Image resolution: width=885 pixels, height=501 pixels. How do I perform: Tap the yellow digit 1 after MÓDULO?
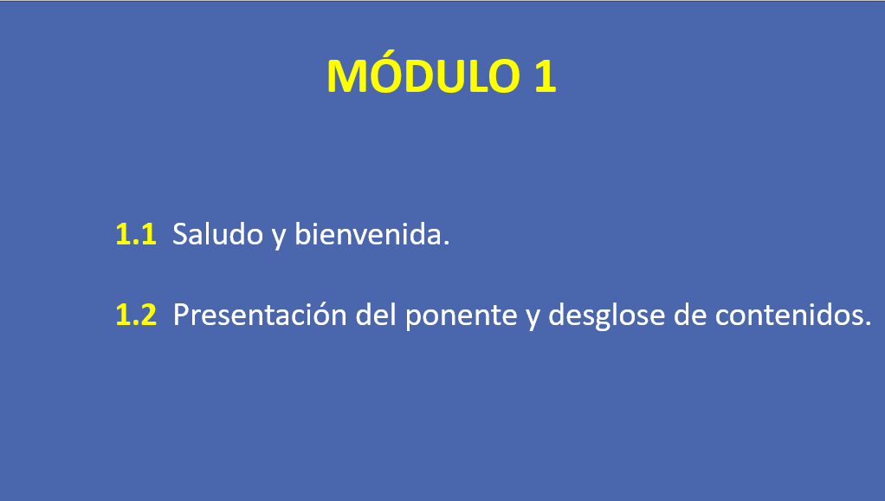[x=546, y=76]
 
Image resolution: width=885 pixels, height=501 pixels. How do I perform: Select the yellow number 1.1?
[x=136, y=234]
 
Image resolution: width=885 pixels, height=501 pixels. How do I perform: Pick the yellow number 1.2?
[x=136, y=315]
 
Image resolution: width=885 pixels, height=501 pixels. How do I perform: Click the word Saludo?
[x=218, y=234]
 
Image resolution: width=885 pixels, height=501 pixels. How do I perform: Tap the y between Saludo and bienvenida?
[x=279, y=237]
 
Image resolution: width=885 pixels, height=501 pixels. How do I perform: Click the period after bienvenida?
[x=447, y=243]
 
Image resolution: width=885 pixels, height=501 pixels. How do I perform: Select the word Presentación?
[x=260, y=314]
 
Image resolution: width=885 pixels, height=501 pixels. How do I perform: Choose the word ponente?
[x=462, y=317]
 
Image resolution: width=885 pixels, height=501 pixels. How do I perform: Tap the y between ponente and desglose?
[x=533, y=318]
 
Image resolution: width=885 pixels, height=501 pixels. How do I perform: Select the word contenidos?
[x=789, y=314]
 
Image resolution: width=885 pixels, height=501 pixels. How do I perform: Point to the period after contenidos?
[x=868, y=323]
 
